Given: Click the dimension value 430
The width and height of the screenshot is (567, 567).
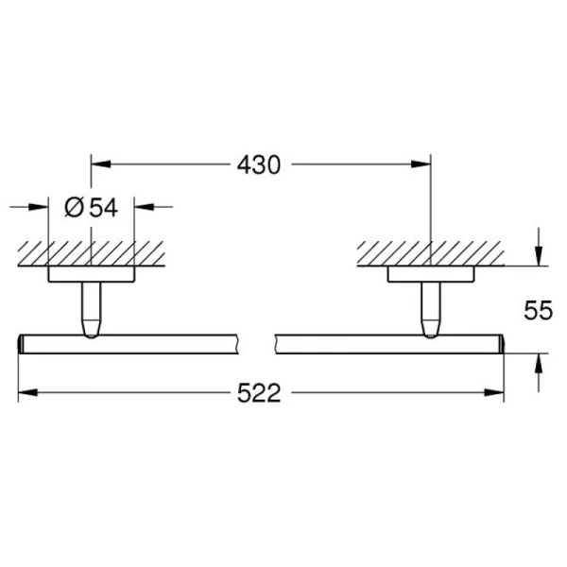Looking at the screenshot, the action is [x=259, y=165].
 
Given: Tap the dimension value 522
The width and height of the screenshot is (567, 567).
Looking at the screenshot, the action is [x=259, y=393].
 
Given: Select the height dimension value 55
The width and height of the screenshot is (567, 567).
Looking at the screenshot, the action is [x=538, y=310].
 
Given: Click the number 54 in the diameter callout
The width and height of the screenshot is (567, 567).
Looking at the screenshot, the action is [x=103, y=208].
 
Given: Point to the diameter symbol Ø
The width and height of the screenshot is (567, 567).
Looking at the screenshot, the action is [x=75, y=207].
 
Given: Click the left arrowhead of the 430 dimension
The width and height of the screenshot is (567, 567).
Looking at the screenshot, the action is [x=100, y=164].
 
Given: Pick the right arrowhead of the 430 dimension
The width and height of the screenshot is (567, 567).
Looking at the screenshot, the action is [x=421, y=164].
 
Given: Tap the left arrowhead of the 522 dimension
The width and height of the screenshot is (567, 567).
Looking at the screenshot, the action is [x=27, y=392].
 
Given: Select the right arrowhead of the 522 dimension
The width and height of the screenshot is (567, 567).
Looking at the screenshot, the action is [x=494, y=392].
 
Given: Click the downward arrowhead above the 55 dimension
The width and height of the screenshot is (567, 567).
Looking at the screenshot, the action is [x=539, y=256].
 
